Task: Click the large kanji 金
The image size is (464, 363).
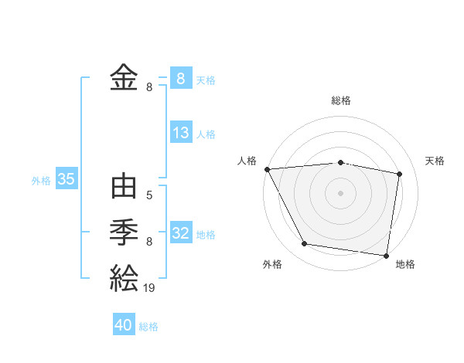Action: (124, 77)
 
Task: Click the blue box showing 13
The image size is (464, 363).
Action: (181, 133)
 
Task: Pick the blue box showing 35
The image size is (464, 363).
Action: (66, 179)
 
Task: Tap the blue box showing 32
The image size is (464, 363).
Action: (181, 233)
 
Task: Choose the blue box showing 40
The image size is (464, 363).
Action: (124, 325)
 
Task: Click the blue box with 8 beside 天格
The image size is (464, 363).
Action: (181, 79)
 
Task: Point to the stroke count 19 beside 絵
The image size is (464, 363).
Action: (149, 287)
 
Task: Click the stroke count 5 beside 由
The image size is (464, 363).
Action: (149, 195)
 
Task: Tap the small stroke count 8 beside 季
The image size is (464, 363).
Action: (149, 242)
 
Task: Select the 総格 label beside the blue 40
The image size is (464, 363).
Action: (148, 327)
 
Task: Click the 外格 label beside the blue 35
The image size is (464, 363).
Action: (41, 181)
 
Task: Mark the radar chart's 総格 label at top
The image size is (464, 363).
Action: (340, 100)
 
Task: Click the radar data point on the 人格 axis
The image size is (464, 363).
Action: (267, 168)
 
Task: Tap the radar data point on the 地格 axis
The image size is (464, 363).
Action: (386, 255)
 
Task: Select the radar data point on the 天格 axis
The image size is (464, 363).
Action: (399, 174)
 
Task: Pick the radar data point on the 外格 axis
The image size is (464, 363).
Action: (305, 244)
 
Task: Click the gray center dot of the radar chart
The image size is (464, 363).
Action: (340, 192)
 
